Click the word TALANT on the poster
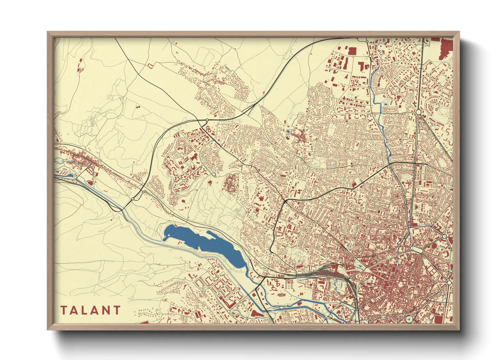91,310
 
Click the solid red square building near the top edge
352,51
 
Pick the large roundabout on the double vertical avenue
419,112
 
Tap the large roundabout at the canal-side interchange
133,199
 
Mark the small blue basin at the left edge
66,176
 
